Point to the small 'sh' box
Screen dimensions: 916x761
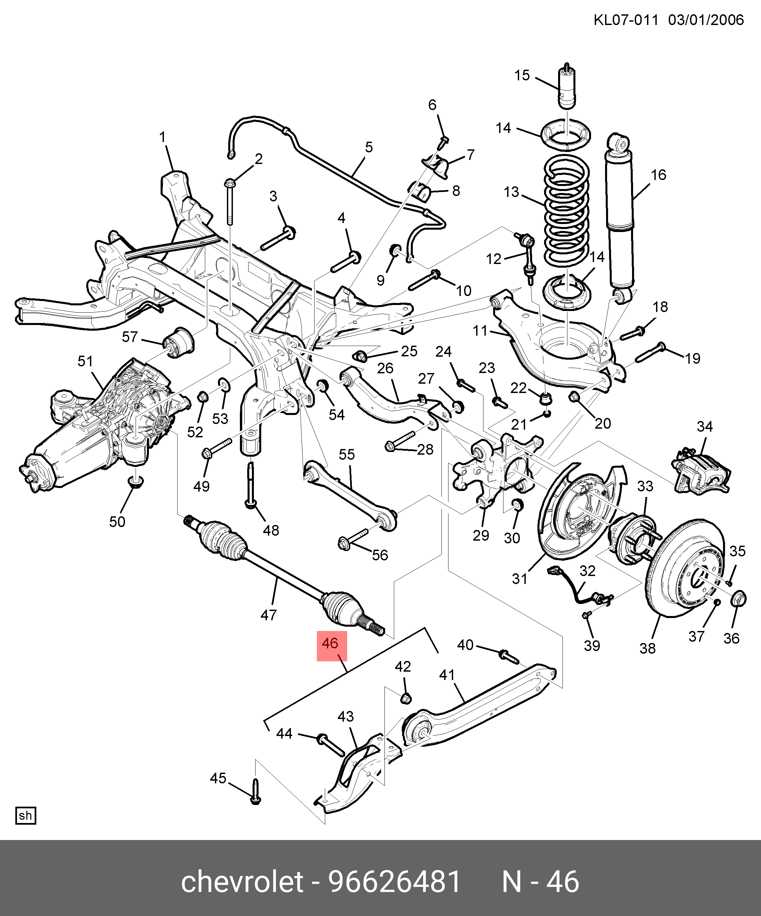click(x=25, y=816)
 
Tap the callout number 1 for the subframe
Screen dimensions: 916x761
click(x=163, y=137)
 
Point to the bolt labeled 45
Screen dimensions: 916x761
click(x=256, y=792)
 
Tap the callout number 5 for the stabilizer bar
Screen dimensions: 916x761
click(x=369, y=147)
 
